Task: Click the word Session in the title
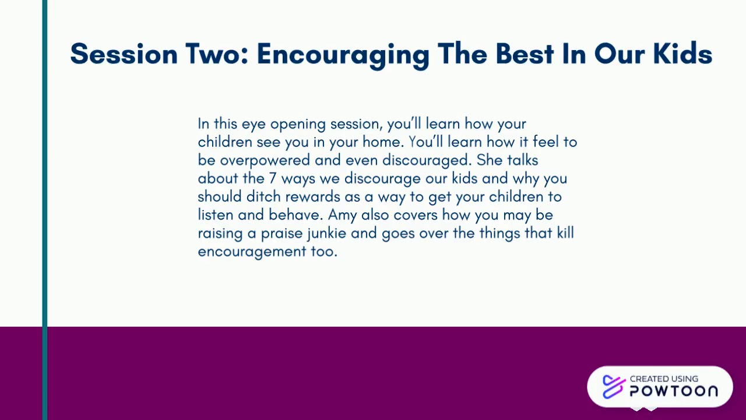point(124,54)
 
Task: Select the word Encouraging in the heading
point(343,56)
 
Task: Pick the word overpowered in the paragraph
point(265,160)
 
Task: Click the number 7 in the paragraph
point(273,178)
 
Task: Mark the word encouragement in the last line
point(252,252)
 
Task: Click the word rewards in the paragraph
point(313,197)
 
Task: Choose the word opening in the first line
point(298,124)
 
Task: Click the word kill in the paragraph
point(565,233)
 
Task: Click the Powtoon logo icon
point(614,387)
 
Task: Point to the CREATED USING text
point(664,379)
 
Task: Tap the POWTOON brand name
point(674,391)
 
